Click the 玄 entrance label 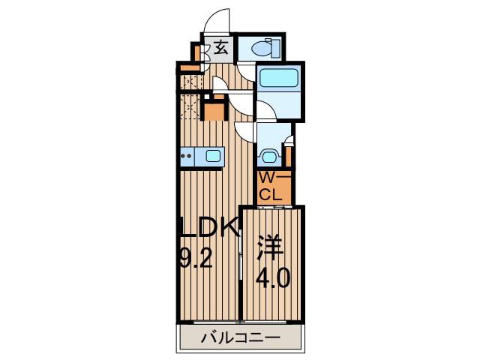[220, 48]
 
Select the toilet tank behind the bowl [276, 48]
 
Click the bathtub [278, 77]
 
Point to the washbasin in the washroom [269, 157]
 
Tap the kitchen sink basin [213, 156]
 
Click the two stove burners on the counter [186, 156]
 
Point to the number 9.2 [196, 257]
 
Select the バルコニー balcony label [240, 337]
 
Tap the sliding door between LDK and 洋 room [241, 256]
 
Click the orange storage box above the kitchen [214, 112]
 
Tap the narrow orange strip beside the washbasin [288, 156]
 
